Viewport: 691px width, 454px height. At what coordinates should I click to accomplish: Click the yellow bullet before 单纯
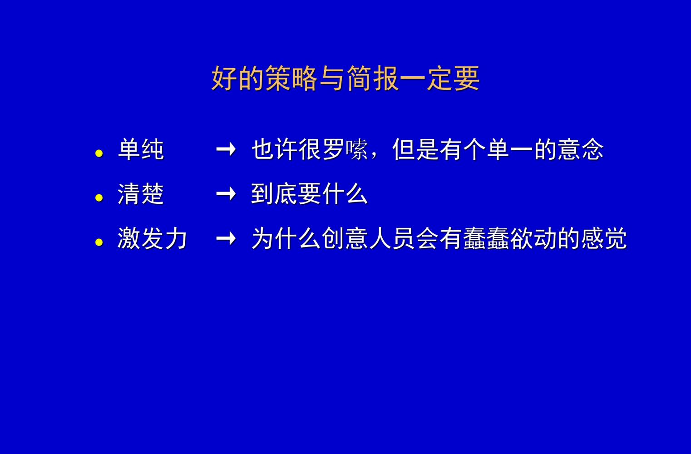click(99, 153)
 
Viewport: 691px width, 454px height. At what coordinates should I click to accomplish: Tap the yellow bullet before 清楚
click(99, 198)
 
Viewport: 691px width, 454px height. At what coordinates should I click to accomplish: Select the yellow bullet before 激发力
click(99, 242)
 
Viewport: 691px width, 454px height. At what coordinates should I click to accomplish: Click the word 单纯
click(141, 149)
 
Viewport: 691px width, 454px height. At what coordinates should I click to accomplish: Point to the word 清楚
click(141, 194)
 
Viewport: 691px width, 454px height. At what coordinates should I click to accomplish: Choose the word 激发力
click(152, 238)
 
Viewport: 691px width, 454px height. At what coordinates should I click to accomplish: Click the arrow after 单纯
click(226, 149)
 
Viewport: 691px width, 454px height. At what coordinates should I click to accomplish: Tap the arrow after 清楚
click(226, 194)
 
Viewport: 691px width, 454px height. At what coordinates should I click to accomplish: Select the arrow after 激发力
click(226, 238)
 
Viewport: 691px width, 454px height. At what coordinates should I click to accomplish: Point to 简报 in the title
click(372, 79)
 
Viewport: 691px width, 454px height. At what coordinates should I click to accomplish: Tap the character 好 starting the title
click(224, 79)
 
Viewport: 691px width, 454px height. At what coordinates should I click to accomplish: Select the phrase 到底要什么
click(309, 194)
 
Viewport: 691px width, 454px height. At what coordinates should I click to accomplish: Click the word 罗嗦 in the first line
click(345, 149)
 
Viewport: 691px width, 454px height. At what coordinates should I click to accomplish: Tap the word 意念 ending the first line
click(580, 149)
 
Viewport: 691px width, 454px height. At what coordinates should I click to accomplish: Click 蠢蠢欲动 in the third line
click(510, 238)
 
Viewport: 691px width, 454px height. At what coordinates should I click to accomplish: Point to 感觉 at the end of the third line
click(604, 238)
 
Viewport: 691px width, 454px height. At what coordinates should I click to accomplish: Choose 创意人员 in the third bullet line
click(368, 238)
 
